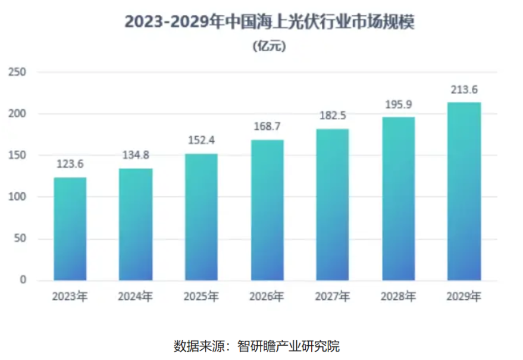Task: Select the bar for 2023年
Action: click(x=70, y=229)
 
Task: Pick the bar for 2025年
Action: click(x=201, y=217)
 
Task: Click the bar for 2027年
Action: click(x=333, y=205)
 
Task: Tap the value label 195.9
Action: click(x=398, y=104)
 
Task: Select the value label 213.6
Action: click(x=464, y=90)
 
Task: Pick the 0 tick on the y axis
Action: click(x=23, y=280)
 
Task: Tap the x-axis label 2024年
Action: click(x=136, y=296)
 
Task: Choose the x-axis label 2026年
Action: click(x=267, y=296)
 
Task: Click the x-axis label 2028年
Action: click(x=398, y=296)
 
